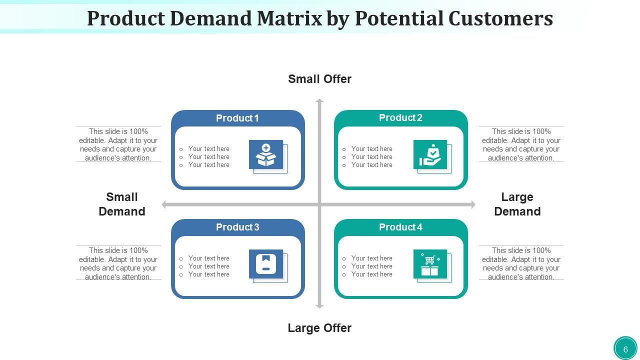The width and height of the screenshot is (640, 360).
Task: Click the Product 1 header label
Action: click(237, 118)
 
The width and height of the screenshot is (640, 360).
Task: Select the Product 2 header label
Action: click(400, 118)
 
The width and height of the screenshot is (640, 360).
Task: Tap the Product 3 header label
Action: click(237, 227)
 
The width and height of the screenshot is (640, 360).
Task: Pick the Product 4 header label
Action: click(400, 227)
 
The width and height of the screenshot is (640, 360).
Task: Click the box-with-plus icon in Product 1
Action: click(266, 154)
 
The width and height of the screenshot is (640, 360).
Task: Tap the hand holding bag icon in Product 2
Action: click(430, 154)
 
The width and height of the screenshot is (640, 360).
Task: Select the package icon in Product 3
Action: click(266, 264)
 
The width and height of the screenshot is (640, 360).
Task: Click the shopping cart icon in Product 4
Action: click(430, 264)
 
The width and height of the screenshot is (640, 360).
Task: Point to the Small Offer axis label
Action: click(319, 79)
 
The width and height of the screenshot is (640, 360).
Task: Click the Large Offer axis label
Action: click(319, 328)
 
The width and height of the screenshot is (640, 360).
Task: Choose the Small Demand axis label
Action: click(122, 204)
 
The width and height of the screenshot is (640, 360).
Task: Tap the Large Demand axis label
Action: click(517, 204)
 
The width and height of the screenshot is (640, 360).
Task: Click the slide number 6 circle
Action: click(625, 349)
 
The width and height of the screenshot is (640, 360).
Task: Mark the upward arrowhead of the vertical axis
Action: click(319, 101)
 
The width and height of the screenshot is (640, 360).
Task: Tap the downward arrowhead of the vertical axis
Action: click(319, 305)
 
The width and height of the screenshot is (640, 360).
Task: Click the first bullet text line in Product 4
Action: click(371, 258)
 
